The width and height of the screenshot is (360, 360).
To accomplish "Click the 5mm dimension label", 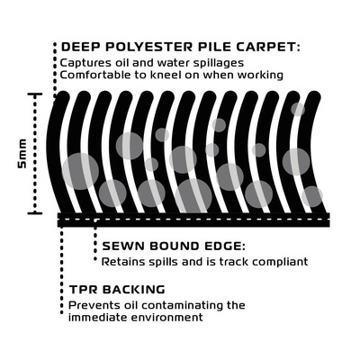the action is tap(22, 153).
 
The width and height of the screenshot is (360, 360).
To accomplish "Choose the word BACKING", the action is tap(134, 290).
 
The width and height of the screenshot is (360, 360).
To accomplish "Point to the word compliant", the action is tap(280, 262).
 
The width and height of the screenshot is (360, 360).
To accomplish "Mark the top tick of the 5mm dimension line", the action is tap(35, 94).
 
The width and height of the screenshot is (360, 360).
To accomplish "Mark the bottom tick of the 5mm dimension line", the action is tap(35, 213).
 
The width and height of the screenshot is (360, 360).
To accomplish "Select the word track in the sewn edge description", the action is tap(234, 262).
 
